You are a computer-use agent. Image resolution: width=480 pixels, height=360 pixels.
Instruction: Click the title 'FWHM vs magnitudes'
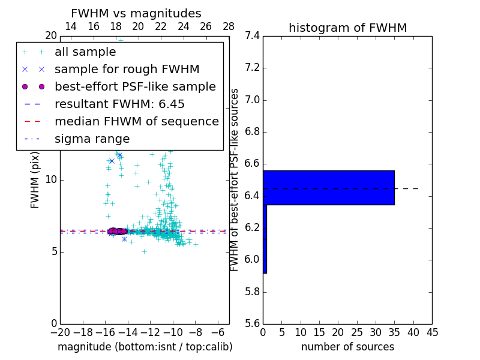click(136, 13)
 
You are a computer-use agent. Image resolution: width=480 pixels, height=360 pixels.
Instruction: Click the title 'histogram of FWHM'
click(347, 28)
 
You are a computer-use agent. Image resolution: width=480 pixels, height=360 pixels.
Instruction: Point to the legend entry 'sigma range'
click(92, 139)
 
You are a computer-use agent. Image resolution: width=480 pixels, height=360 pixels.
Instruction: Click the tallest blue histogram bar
click(328, 187)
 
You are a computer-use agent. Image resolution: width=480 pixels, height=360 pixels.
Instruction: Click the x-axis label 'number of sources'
click(347, 347)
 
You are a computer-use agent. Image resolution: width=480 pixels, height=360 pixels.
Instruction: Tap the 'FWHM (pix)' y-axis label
click(35, 179)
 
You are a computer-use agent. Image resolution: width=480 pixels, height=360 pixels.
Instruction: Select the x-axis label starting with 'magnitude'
click(145, 347)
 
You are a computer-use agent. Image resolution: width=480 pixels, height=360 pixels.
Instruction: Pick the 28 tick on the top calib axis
click(229, 26)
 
